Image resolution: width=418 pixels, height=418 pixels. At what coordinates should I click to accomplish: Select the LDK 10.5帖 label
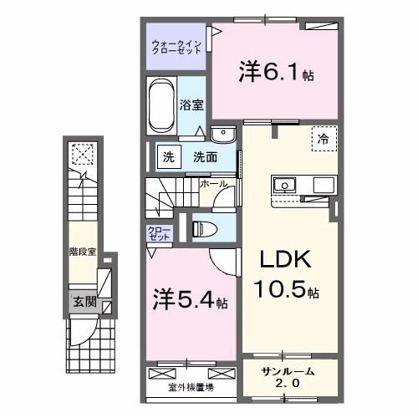tap(281, 278)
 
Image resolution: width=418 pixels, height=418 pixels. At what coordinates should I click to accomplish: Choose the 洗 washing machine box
tap(167, 155)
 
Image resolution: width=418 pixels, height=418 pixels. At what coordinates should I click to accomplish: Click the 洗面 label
tap(205, 156)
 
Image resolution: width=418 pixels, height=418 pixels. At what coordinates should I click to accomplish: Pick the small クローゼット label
tap(157, 232)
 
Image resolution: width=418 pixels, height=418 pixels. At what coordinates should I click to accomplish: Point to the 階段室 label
tap(80, 248)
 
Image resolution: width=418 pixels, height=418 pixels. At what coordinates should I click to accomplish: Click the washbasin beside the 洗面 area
tap(222, 135)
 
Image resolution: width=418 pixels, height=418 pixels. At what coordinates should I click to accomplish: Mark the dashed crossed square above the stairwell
tap(83, 153)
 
